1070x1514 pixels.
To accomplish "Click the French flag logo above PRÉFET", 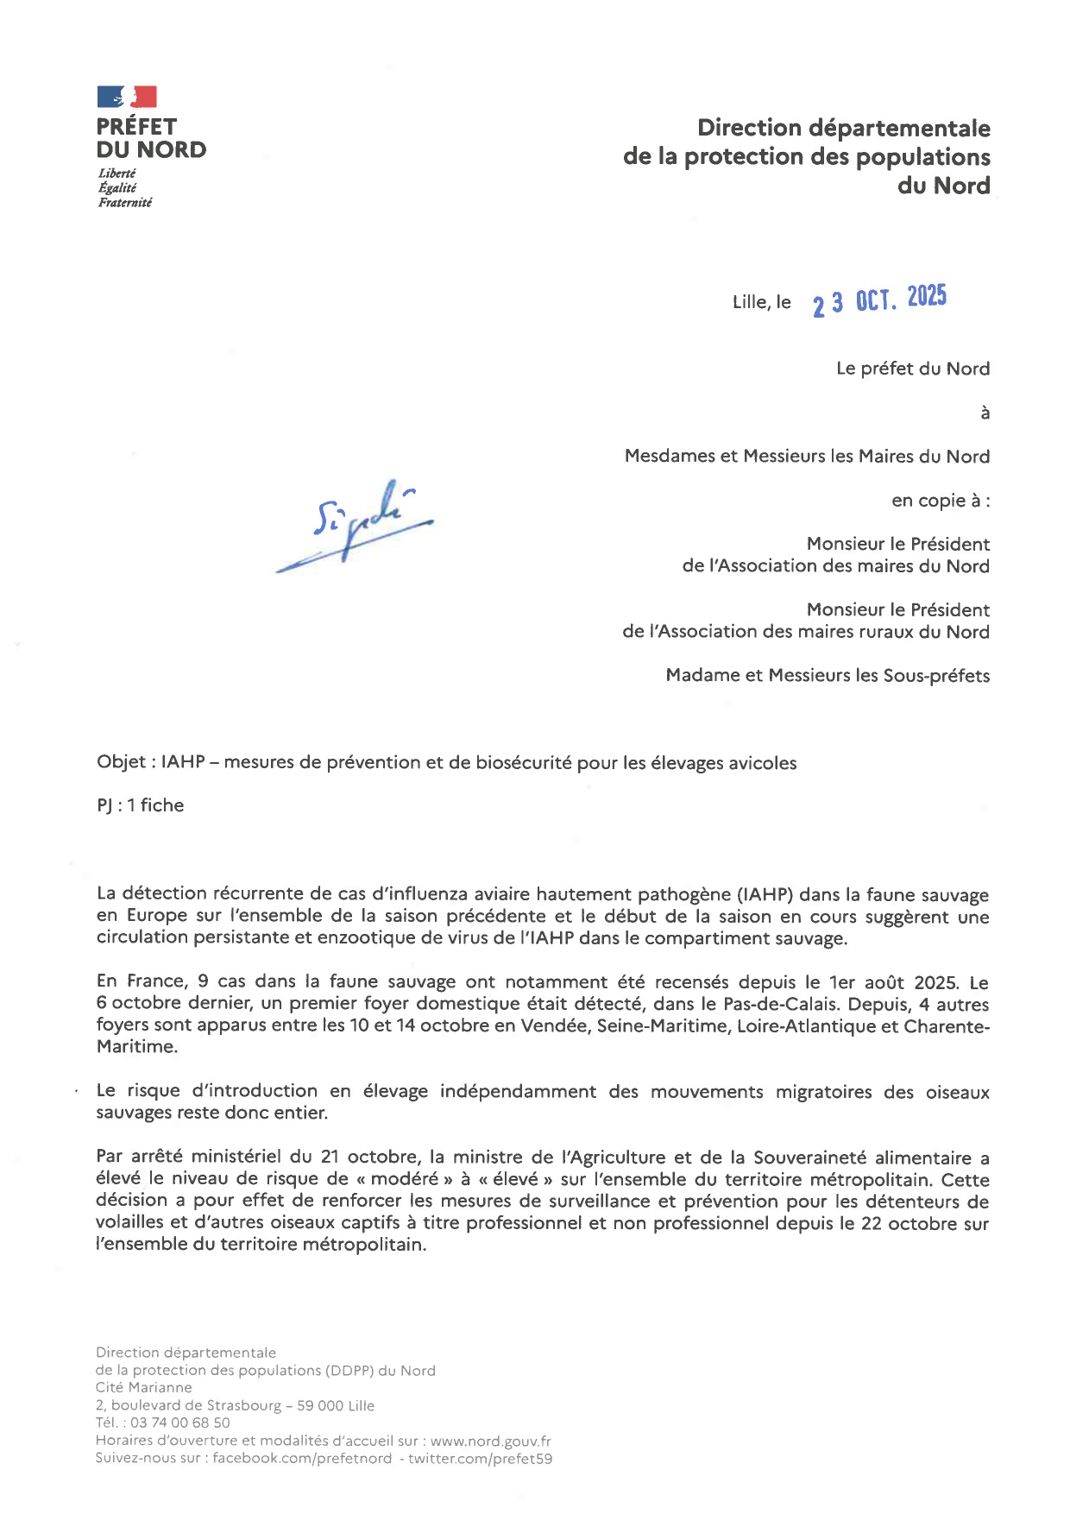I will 127,97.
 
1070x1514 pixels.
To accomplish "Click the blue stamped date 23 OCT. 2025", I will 879,300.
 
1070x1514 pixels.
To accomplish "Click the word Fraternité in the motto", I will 125,203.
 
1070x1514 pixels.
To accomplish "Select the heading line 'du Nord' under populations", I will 943,186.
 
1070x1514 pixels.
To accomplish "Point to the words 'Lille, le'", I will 761,302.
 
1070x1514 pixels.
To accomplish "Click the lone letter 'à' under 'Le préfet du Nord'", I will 985,413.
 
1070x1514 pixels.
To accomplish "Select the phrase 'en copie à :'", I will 941,501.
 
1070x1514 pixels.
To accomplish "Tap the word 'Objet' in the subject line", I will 122,762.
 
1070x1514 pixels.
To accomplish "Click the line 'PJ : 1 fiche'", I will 141,805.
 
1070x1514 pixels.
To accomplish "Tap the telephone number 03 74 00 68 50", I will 179,1423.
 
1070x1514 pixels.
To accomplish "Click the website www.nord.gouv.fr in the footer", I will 490,1441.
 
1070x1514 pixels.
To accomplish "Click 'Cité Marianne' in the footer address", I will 144,1387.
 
